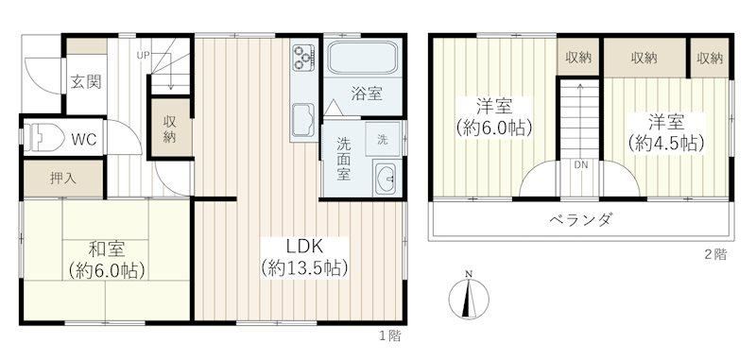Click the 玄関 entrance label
[86, 82]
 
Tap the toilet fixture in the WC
[44, 137]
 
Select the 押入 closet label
[63, 179]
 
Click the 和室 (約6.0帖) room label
[107, 260]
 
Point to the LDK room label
[304, 248]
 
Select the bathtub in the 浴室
[363, 58]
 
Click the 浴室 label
[367, 94]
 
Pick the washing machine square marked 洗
[383, 139]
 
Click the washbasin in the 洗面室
[386, 179]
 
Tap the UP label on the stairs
[143, 55]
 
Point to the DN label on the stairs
[581, 164]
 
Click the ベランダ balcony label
[580, 220]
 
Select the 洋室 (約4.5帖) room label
[666, 132]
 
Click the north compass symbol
[469, 296]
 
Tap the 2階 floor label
[715, 255]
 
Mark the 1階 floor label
[389, 335]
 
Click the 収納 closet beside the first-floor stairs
[169, 129]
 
